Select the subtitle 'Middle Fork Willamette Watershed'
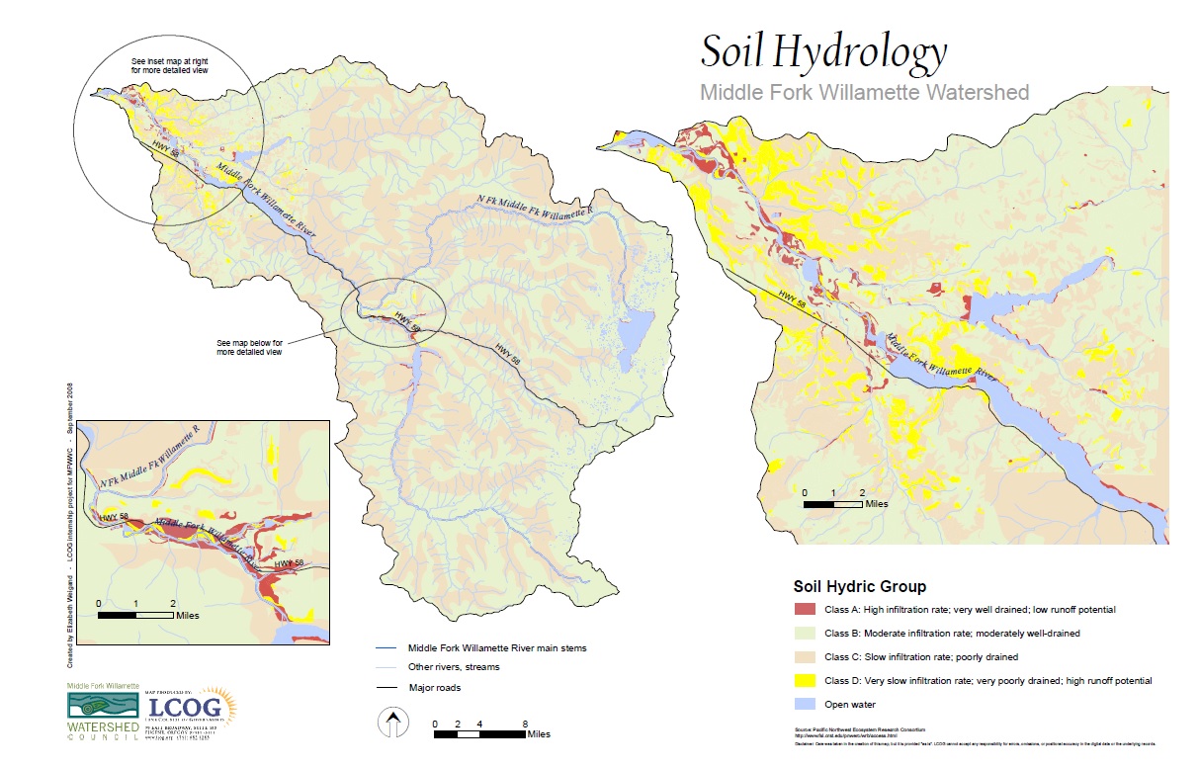pyautogui.click(x=864, y=93)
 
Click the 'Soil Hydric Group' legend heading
pyautogui.click(x=859, y=586)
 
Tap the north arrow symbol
pyautogui.click(x=392, y=725)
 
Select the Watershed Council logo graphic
pyautogui.click(x=97, y=706)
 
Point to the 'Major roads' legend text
pyautogui.click(x=434, y=687)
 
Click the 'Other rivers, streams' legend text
pyautogui.click(x=454, y=667)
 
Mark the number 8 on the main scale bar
pyautogui.click(x=525, y=724)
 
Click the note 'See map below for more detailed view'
pyautogui.click(x=249, y=347)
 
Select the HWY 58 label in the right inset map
pyautogui.click(x=791, y=300)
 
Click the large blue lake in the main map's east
pyautogui.click(x=635, y=326)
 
